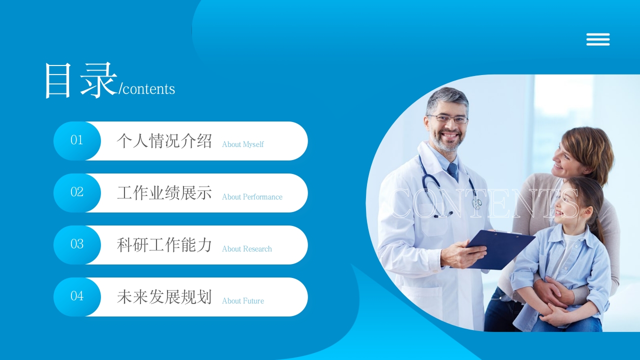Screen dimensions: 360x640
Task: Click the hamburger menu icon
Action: (x=598, y=39)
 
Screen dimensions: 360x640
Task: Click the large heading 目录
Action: (x=80, y=80)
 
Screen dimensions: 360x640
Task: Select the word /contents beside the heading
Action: (x=147, y=89)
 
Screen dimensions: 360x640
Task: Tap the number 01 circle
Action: (x=76, y=140)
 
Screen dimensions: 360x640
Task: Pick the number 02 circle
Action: (x=76, y=192)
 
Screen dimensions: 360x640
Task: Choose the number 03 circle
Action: (x=76, y=244)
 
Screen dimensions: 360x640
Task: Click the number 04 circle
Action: (x=76, y=296)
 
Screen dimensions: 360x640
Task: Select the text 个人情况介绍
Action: (x=164, y=141)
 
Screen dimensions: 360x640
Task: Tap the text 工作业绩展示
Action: (x=164, y=193)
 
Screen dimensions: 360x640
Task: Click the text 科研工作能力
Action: (x=164, y=245)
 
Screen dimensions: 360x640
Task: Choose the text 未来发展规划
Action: (x=164, y=297)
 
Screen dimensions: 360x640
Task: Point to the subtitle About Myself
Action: (x=242, y=144)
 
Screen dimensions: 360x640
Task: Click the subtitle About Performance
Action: (x=252, y=197)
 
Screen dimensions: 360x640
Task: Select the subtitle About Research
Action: (x=246, y=249)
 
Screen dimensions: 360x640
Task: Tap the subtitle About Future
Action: (x=242, y=301)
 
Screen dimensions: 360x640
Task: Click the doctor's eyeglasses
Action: (x=448, y=119)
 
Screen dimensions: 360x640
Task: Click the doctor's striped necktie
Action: (x=453, y=171)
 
